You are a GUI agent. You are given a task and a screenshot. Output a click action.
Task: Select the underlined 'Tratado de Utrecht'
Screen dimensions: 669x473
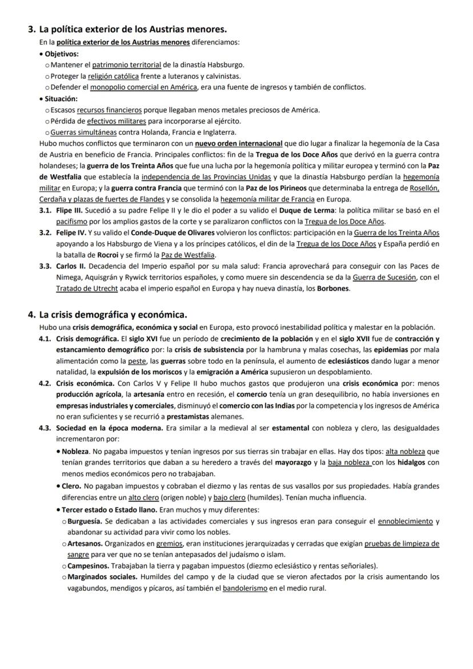pyautogui.click(x=87, y=289)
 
